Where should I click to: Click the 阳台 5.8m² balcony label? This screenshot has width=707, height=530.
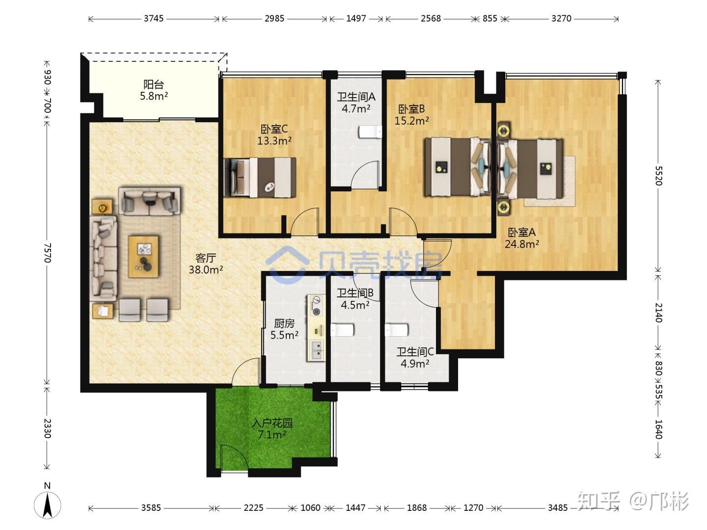[x=154, y=90]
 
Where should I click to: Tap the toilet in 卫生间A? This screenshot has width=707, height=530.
[x=370, y=132]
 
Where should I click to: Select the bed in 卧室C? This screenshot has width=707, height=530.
[x=260, y=177]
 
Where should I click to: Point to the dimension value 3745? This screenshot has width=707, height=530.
[x=154, y=18]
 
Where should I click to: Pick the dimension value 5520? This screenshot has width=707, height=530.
[x=658, y=176]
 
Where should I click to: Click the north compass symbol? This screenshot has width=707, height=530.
[x=47, y=504]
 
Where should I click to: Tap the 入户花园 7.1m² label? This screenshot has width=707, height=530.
[x=272, y=428]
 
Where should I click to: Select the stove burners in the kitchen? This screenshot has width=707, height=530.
[x=316, y=306]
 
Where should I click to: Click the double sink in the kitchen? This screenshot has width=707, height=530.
[x=316, y=350]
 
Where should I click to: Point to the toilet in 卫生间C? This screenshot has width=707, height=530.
[x=397, y=330]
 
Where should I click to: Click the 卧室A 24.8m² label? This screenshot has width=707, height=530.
[x=521, y=238]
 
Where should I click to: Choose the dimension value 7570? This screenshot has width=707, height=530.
[x=47, y=253]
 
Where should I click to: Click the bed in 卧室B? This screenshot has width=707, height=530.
[x=458, y=166]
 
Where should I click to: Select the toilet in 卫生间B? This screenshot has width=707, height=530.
[x=342, y=330]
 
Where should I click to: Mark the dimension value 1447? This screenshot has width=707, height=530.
[x=356, y=508]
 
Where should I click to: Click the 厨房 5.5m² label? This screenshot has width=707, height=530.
[x=284, y=329]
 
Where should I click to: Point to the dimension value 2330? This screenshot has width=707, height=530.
[x=47, y=428]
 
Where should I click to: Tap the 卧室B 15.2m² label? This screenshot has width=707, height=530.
[x=411, y=115]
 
